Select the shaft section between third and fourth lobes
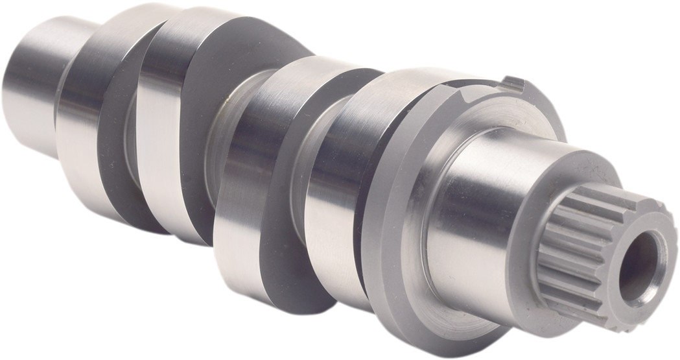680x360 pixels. tap(305, 162)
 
